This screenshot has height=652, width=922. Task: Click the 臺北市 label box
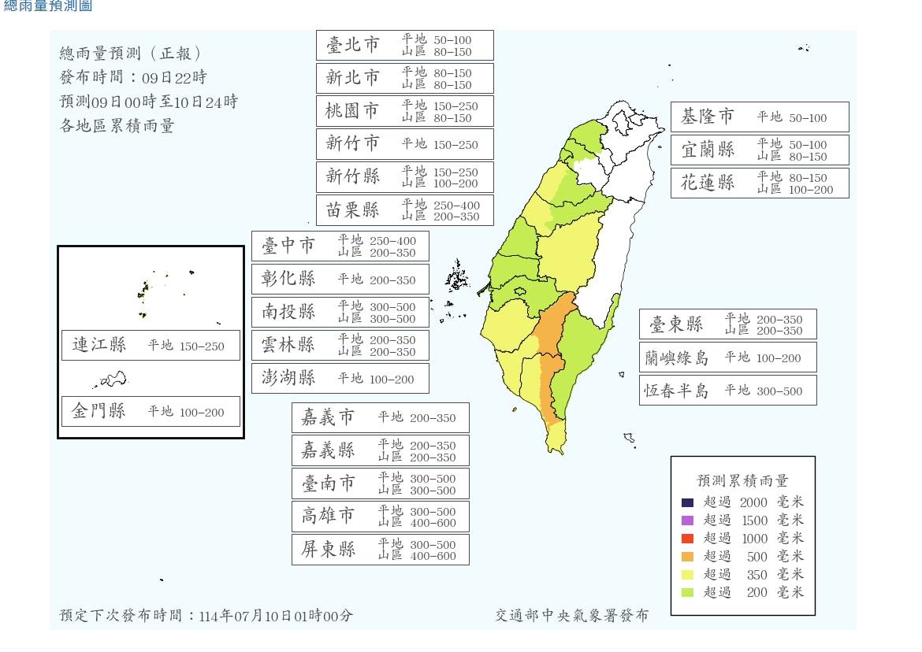(404, 46)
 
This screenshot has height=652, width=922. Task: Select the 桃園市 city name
(352, 111)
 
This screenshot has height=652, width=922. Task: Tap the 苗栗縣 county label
(352, 209)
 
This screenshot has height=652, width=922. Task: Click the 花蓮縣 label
(708, 183)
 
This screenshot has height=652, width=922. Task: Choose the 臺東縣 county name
(676, 324)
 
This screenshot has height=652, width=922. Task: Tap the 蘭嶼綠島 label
(676, 358)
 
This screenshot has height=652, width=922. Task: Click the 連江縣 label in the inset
(99, 345)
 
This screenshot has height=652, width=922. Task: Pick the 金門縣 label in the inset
(99, 411)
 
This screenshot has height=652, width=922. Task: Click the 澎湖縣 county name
(288, 378)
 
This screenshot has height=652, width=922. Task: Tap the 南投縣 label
(288, 312)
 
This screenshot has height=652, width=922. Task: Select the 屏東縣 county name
(329, 550)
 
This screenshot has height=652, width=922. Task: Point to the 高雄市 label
(329, 517)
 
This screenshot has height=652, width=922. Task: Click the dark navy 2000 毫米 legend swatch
(688, 502)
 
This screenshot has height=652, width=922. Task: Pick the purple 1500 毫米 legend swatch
(688, 520)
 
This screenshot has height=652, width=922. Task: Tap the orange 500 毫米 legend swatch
(688, 557)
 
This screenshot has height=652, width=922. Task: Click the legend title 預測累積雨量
(742, 480)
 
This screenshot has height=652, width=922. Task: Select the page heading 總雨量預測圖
(48, 6)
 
